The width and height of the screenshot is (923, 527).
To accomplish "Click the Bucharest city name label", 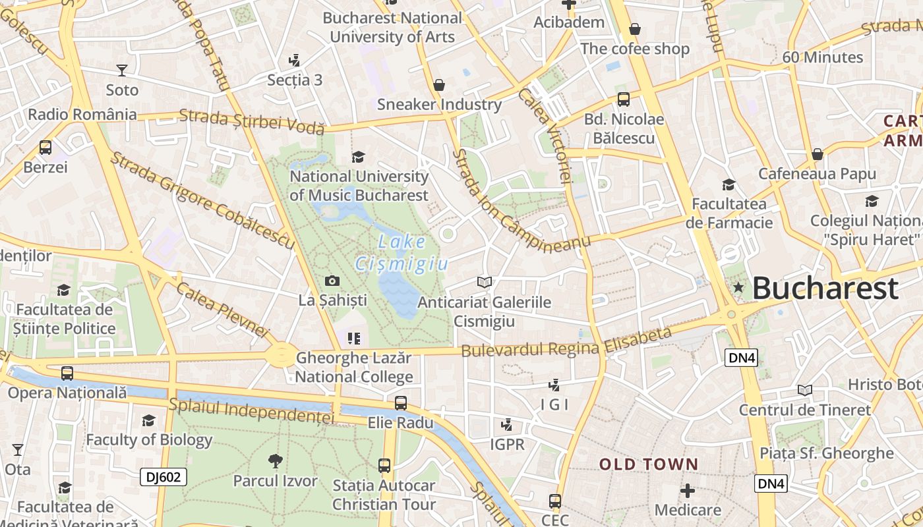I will tap(825, 289).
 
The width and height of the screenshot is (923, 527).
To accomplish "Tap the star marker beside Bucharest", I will tap(738, 287).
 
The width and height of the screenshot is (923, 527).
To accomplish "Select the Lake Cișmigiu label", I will tap(402, 253).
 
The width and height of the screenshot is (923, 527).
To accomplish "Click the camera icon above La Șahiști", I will tap(332, 281).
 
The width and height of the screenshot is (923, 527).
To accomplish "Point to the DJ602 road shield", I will tap(163, 477).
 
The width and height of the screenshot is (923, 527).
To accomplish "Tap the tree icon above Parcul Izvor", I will tap(276, 460).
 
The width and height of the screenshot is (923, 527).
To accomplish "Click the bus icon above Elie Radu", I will tap(400, 403).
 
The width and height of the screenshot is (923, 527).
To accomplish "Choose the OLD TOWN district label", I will tap(648, 464).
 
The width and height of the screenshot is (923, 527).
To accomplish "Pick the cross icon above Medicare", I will tap(688, 491).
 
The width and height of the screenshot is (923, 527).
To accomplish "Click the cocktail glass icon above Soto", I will tap(122, 70).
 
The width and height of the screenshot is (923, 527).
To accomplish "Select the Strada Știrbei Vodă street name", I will tap(252, 121).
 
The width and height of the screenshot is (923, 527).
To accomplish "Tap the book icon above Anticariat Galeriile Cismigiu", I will tap(485, 282).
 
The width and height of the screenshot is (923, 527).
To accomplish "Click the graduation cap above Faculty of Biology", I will tap(149, 420).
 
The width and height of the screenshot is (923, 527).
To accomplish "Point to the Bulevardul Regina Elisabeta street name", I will tap(566, 343).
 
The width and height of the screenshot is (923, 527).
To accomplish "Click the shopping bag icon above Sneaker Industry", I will tap(439, 85).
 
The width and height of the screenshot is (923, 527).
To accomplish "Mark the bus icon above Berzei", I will tap(45, 148).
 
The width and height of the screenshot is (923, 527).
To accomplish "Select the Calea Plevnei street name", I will tap(223, 310).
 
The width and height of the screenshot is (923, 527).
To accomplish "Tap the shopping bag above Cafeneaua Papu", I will tap(818, 154).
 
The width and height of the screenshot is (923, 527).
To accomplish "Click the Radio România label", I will tap(82, 114).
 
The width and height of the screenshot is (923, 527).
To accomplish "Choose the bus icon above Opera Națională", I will tap(67, 374).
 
